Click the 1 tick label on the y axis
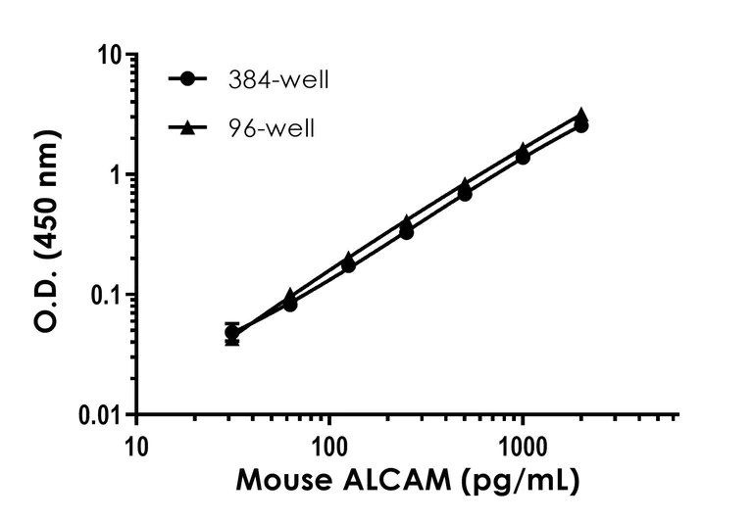pos(115,175)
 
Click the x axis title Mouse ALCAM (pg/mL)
pos(406,481)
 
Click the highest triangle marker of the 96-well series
pos(581,116)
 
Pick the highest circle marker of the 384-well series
pos(581,125)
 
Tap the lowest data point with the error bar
pos(232,333)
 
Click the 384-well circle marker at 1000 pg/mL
pos(523,157)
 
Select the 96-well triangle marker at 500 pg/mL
pos(465,184)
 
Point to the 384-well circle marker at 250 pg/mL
pos(406,232)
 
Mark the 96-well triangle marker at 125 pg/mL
pos(348,259)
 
